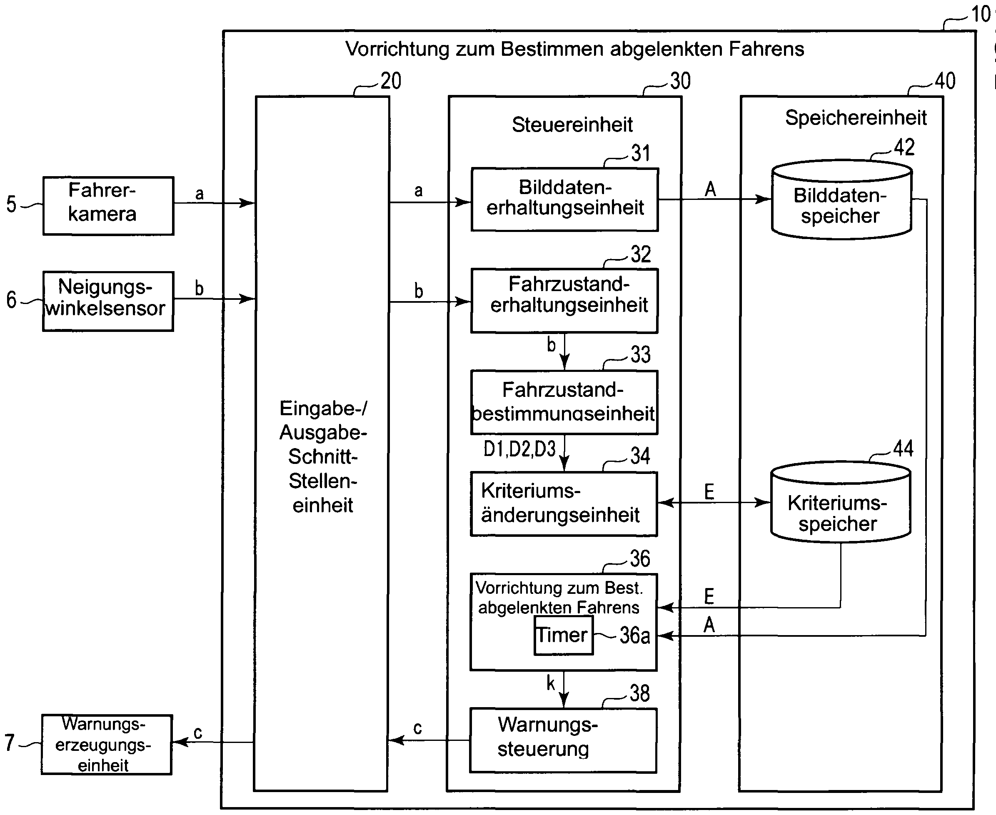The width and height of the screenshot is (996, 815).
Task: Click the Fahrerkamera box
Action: tap(108, 206)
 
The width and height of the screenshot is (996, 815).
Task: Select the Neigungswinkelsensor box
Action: tap(108, 301)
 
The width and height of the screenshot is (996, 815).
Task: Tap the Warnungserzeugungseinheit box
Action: tap(107, 744)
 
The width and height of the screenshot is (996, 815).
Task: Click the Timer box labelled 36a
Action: tap(563, 635)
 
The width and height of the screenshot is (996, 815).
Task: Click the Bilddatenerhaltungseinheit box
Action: tap(564, 199)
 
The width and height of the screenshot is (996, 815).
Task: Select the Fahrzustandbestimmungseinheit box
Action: tap(564, 402)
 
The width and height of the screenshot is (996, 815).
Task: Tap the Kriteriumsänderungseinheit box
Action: tap(564, 504)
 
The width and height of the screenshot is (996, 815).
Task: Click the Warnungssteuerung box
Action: tap(563, 740)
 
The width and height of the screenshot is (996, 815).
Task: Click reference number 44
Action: tap(903, 449)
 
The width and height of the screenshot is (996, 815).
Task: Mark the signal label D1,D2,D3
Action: tap(519, 449)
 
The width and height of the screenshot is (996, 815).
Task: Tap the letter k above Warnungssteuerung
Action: tap(551, 683)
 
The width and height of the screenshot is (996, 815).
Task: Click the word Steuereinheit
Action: tap(572, 125)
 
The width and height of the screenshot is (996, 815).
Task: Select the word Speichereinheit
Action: tap(856, 118)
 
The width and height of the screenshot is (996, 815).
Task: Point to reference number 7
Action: tap(10, 743)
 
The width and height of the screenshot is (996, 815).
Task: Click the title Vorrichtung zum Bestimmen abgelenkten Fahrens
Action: tap(574, 49)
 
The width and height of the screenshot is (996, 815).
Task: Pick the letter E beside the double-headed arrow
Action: tap(709, 491)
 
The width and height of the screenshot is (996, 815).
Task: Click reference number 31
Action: tap(640, 154)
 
